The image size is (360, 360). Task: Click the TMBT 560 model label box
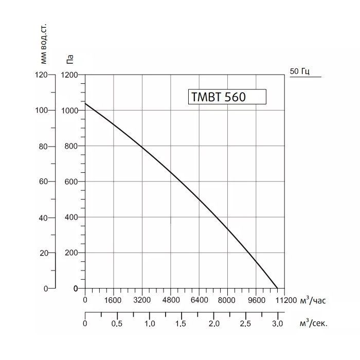tap(227, 97)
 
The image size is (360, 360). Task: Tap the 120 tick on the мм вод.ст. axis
tap(41, 75)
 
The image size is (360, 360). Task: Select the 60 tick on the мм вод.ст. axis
tap(43, 182)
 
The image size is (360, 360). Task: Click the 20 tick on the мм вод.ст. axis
tap(43, 253)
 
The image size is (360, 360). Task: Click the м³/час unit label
tap(312, 300)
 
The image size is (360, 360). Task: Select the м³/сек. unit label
tap(313, 323)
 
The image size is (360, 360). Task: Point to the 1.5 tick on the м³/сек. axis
tap(181, 324)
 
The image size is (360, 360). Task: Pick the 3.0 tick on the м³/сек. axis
tap(278, 324)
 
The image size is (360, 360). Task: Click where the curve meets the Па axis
tap(85, 103)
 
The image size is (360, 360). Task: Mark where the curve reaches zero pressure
tap(278, 288)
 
